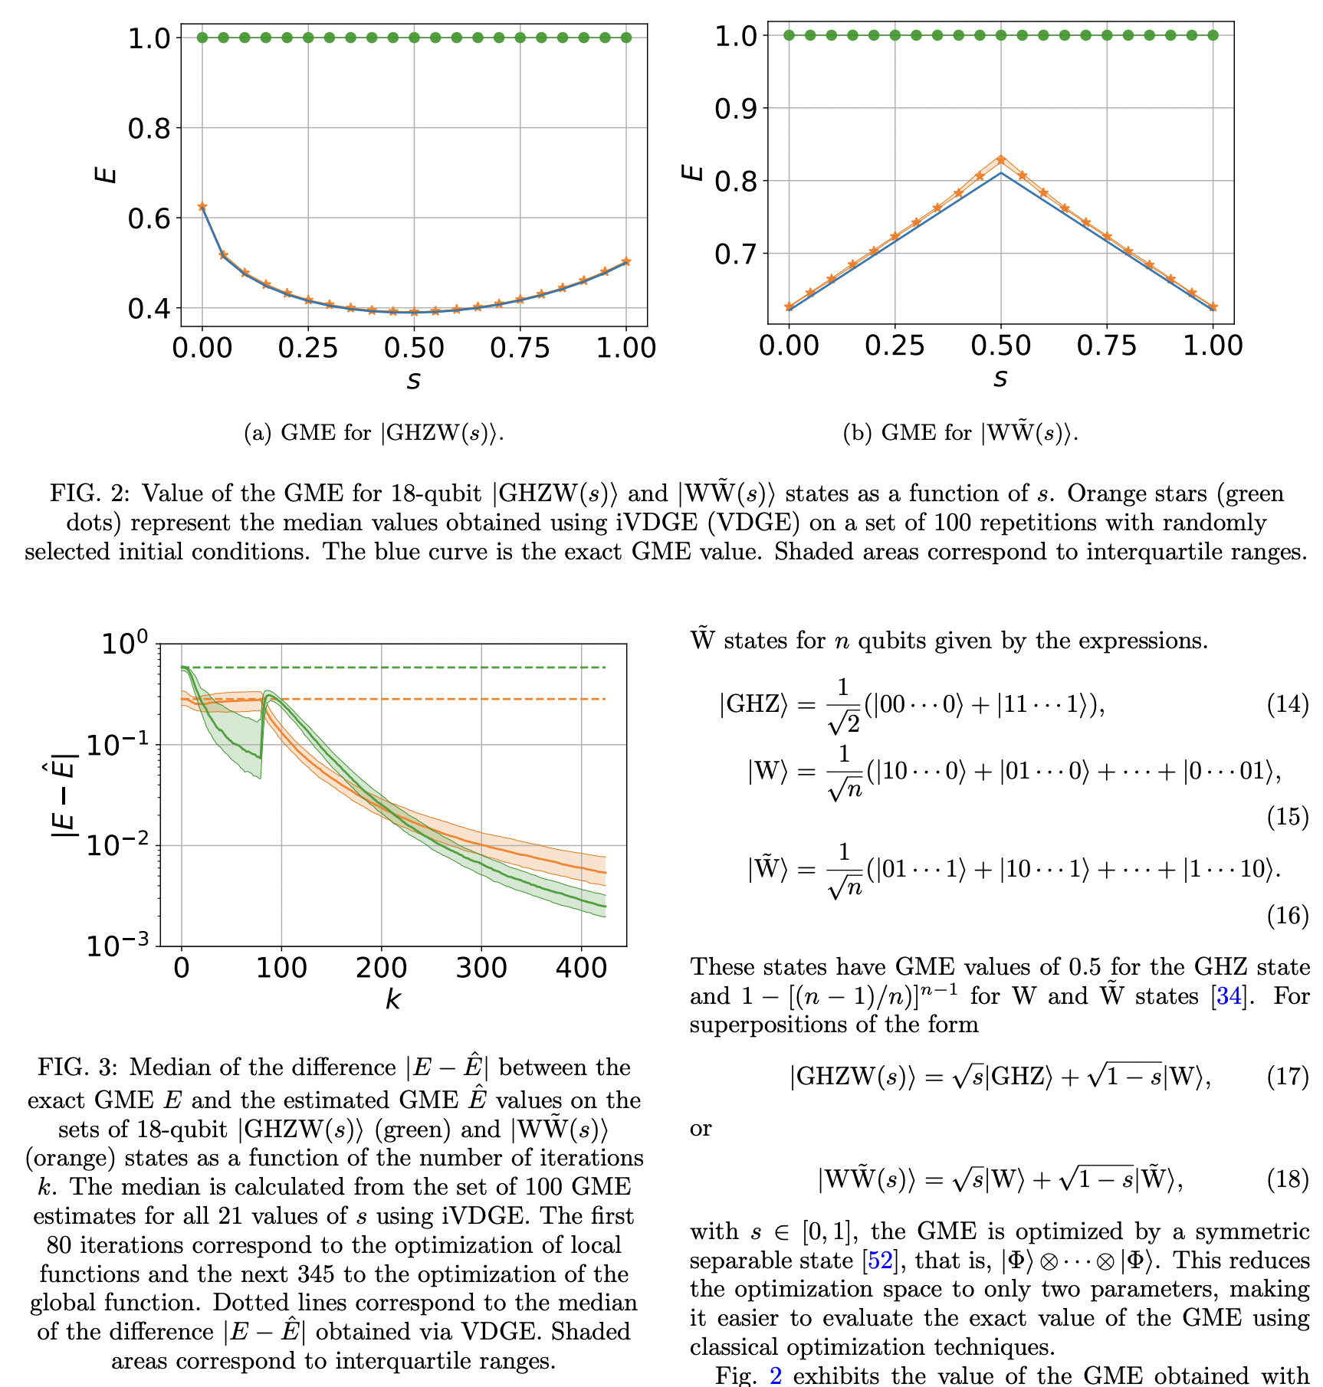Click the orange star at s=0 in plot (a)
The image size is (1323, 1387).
click(202, 207)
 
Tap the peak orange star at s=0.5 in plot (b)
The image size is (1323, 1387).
click(1000, 159)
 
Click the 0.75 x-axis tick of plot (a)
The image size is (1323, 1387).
click(520, 348)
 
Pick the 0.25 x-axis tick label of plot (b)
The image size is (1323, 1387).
click(895, 346)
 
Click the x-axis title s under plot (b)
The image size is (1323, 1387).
click(1000, 378)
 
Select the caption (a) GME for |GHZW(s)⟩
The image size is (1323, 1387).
click(373, 433)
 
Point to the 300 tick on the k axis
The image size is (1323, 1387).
click(481, 968)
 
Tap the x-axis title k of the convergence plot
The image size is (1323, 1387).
click(392, 999)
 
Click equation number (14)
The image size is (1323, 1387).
click(1287, 703)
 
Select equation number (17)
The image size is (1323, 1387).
click(1287, 1076)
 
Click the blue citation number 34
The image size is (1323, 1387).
click(1229, 995)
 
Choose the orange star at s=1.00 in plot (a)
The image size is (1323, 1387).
click(626, 261)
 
